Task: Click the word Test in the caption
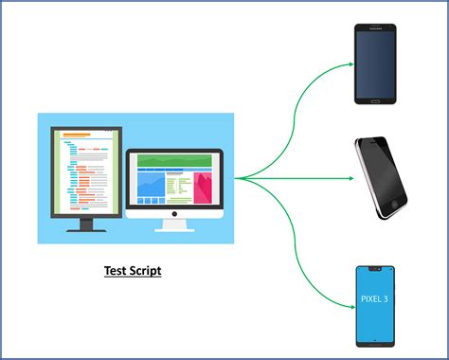pos(116,271)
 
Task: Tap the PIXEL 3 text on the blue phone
pos(374,299)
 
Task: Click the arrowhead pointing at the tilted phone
pos(349,177)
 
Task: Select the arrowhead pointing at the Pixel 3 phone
pos(349,304)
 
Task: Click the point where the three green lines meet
pos(237,177)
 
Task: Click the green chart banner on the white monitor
pos(176,161)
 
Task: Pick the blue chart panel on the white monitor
pos(151,186)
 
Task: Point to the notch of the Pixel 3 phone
pos(374,268)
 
